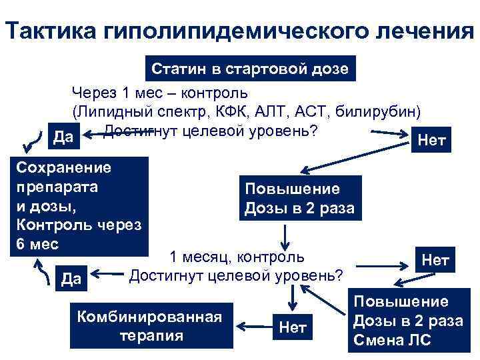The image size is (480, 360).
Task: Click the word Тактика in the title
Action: coord(49,31)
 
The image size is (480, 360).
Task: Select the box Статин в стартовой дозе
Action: coord(249,69)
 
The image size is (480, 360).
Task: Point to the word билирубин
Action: coord(381,110)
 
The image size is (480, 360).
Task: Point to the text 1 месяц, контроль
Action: coord(237,257)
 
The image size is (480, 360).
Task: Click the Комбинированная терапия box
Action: coord(149,325)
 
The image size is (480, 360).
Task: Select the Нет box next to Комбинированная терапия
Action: coord(292,327)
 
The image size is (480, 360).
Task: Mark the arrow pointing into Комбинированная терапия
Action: coord(253,326)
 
